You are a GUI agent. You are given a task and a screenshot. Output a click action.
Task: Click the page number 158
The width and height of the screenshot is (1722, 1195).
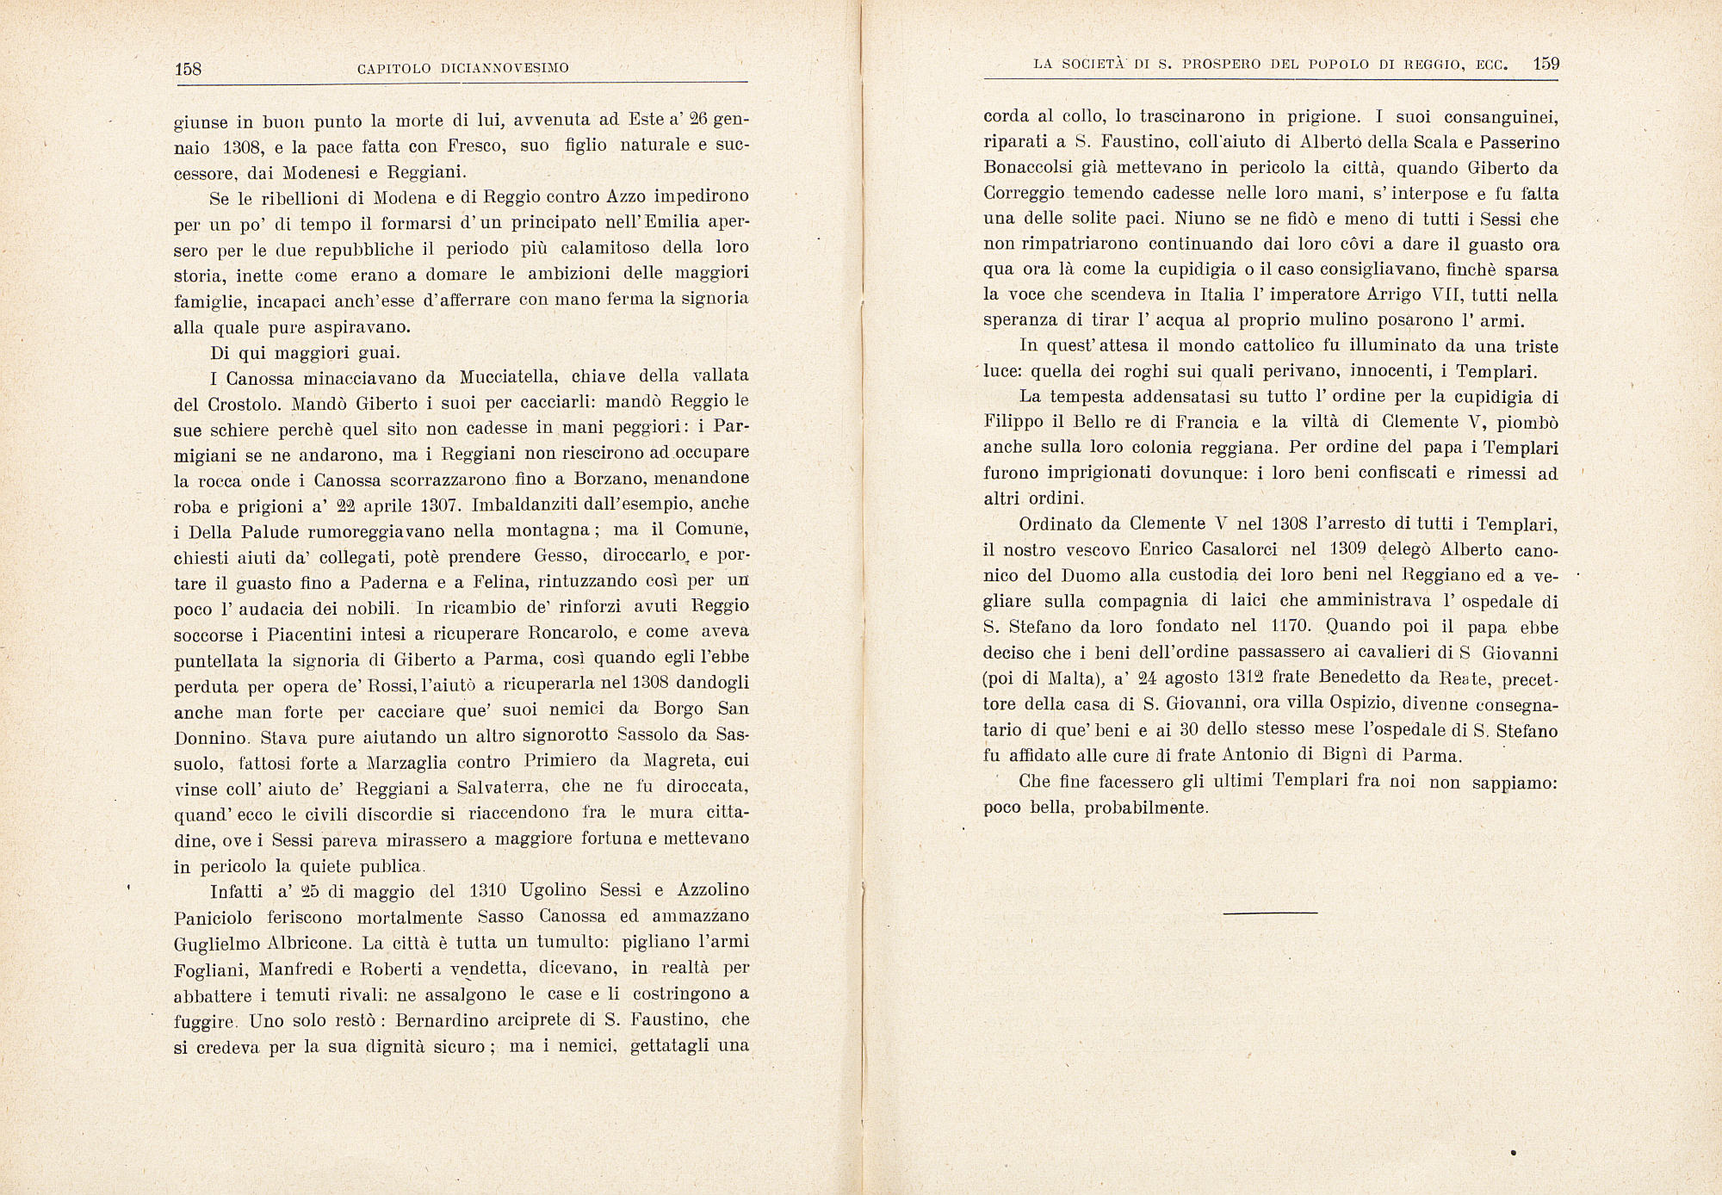click(187, 69)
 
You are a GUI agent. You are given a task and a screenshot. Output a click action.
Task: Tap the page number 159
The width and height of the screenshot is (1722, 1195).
click(1546, 64)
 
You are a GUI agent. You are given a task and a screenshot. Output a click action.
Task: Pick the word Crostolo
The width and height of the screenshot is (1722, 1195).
click(245, 404)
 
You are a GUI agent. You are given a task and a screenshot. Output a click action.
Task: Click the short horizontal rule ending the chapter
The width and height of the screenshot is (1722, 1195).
click(1270, 912)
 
